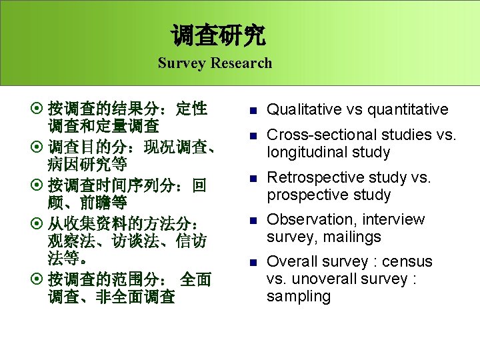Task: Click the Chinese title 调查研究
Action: pyautogui.click(x=219, y=35)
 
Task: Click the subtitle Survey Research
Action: pyautogui.click(x=215, y=63)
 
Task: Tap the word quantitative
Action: pyautogui.click(x=408, y=109)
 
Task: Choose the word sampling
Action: pyautogui.click(x=298, y=296)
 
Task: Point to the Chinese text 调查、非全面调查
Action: pyautogui.click(x=111, y=297)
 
